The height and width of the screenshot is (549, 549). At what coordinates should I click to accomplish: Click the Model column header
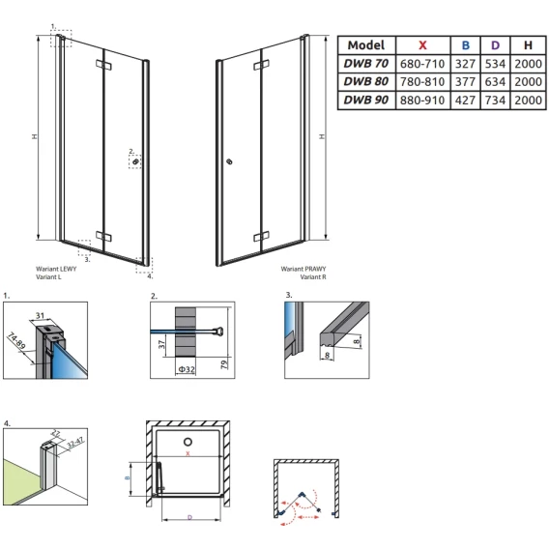[366, 45]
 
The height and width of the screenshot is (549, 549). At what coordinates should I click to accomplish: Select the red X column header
[422, 45]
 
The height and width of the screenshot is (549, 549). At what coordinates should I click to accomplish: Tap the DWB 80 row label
[366, 81]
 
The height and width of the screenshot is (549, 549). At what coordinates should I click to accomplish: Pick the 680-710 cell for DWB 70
[422, 64]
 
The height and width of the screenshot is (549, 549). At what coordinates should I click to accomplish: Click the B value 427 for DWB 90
[465, 101]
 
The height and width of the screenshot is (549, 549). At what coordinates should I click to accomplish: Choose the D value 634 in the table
[495, 82]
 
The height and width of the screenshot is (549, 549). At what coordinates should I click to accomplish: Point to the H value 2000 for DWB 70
[528, 64]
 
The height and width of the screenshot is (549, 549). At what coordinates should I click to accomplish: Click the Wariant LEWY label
[56, 269]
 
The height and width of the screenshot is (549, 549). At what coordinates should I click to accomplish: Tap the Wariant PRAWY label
[303, 269]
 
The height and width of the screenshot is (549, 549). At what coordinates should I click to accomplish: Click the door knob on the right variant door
[230, 161]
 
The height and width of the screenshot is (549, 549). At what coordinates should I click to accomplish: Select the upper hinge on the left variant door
[103, 65]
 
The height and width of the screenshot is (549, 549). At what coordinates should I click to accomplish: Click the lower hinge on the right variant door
[262, 237]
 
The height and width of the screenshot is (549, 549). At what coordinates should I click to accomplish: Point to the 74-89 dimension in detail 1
[16, 341]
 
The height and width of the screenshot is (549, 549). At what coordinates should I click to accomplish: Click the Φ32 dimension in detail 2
[187, 369]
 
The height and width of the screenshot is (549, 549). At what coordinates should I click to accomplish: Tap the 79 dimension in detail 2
[224, 363]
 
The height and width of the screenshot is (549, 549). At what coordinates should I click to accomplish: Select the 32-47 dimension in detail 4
[75, 443]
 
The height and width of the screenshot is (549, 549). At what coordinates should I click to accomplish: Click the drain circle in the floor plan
[188, 442]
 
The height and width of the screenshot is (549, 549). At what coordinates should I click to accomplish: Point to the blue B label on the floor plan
[128, 477]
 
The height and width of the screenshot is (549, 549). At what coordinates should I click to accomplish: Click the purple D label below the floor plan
[189, 517]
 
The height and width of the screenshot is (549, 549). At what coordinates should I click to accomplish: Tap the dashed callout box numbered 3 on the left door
[84, 247]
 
